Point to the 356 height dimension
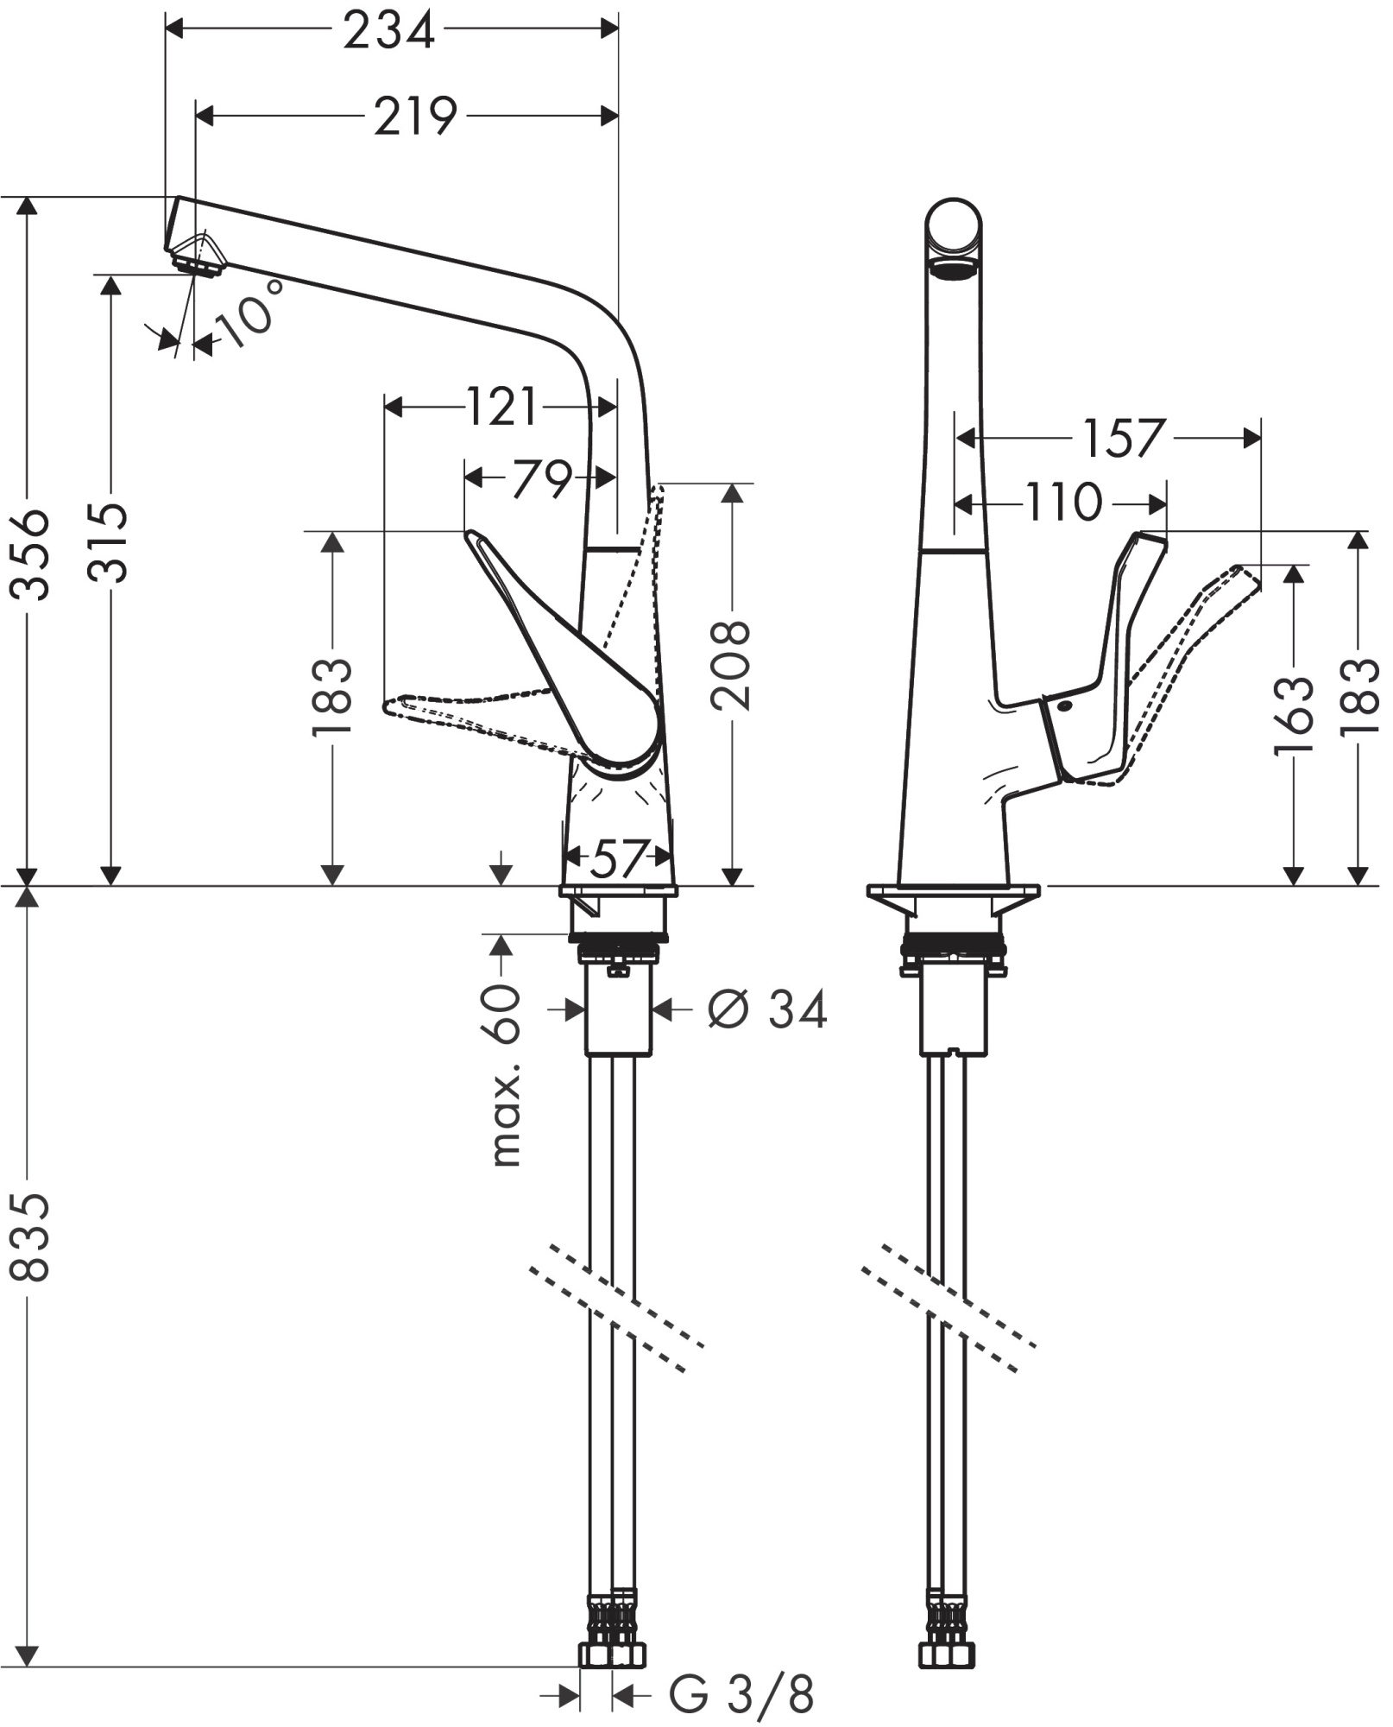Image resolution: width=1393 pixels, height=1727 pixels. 31,554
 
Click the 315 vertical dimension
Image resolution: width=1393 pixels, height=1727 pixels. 110,541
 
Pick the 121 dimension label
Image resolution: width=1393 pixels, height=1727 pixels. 501,406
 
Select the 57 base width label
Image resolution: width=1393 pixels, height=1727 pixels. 619,857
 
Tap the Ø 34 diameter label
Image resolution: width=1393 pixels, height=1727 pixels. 767,1009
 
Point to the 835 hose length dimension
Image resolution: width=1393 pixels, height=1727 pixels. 31,1237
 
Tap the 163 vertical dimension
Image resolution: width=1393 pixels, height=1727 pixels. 1293,715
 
